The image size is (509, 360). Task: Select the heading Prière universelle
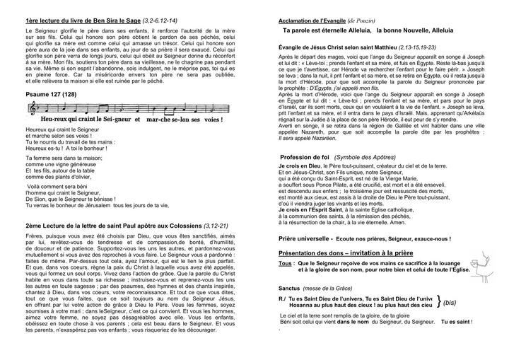point(307,239)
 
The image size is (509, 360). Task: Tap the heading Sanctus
point(293,289)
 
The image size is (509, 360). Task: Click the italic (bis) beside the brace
point(448,303)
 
